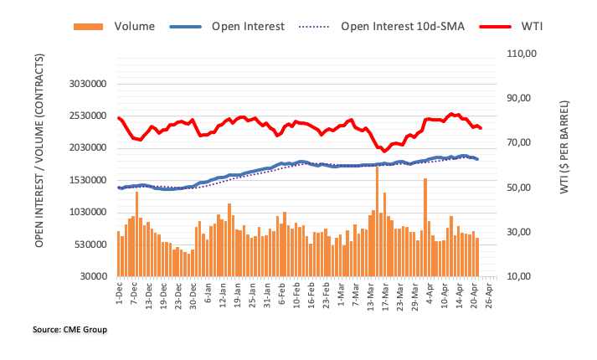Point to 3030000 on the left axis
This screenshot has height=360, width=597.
point(87,84)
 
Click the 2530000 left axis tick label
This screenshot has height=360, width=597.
point(87,116)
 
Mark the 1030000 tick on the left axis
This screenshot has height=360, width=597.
point(87,212)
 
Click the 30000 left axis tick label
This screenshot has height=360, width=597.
point(94,276)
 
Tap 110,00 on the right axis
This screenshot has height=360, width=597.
point(520,54)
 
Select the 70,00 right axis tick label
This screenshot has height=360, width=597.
point(520,143)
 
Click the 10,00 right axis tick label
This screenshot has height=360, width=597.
point(520,276)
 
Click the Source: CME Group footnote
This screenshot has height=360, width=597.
point(70,330)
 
